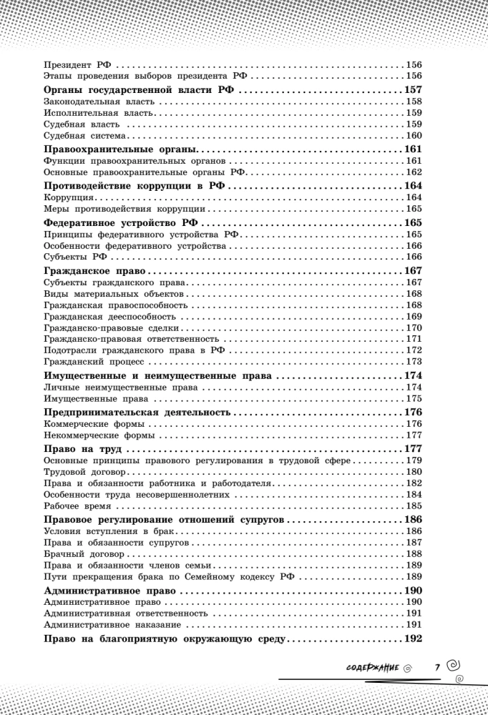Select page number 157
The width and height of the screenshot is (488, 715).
[x=413, y=91]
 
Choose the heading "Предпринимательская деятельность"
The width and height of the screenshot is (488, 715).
[x=137, y=413]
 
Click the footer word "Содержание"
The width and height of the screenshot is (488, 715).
[x=371, y=667]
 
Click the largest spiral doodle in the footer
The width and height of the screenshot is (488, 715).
[x=452, y=664]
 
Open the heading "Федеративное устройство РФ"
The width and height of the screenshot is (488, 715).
[x=120, y=222]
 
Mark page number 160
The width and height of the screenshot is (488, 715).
[x=414, y=135]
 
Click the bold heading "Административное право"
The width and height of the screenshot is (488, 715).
[x=111, y=592]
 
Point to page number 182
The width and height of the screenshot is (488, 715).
[x=414, y=483]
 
